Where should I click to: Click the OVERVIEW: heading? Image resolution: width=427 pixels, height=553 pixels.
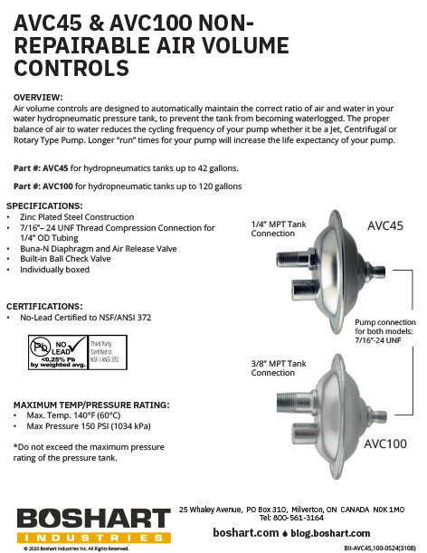[x=38, y=96]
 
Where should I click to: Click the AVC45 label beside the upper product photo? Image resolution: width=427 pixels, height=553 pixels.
[x=386, y=225]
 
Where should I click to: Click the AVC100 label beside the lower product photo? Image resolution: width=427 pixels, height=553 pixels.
[x=385, y=443]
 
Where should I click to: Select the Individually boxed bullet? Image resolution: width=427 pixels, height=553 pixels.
[x=56, y=270]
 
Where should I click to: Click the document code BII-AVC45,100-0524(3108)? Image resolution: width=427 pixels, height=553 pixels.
[x=380, y=548]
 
